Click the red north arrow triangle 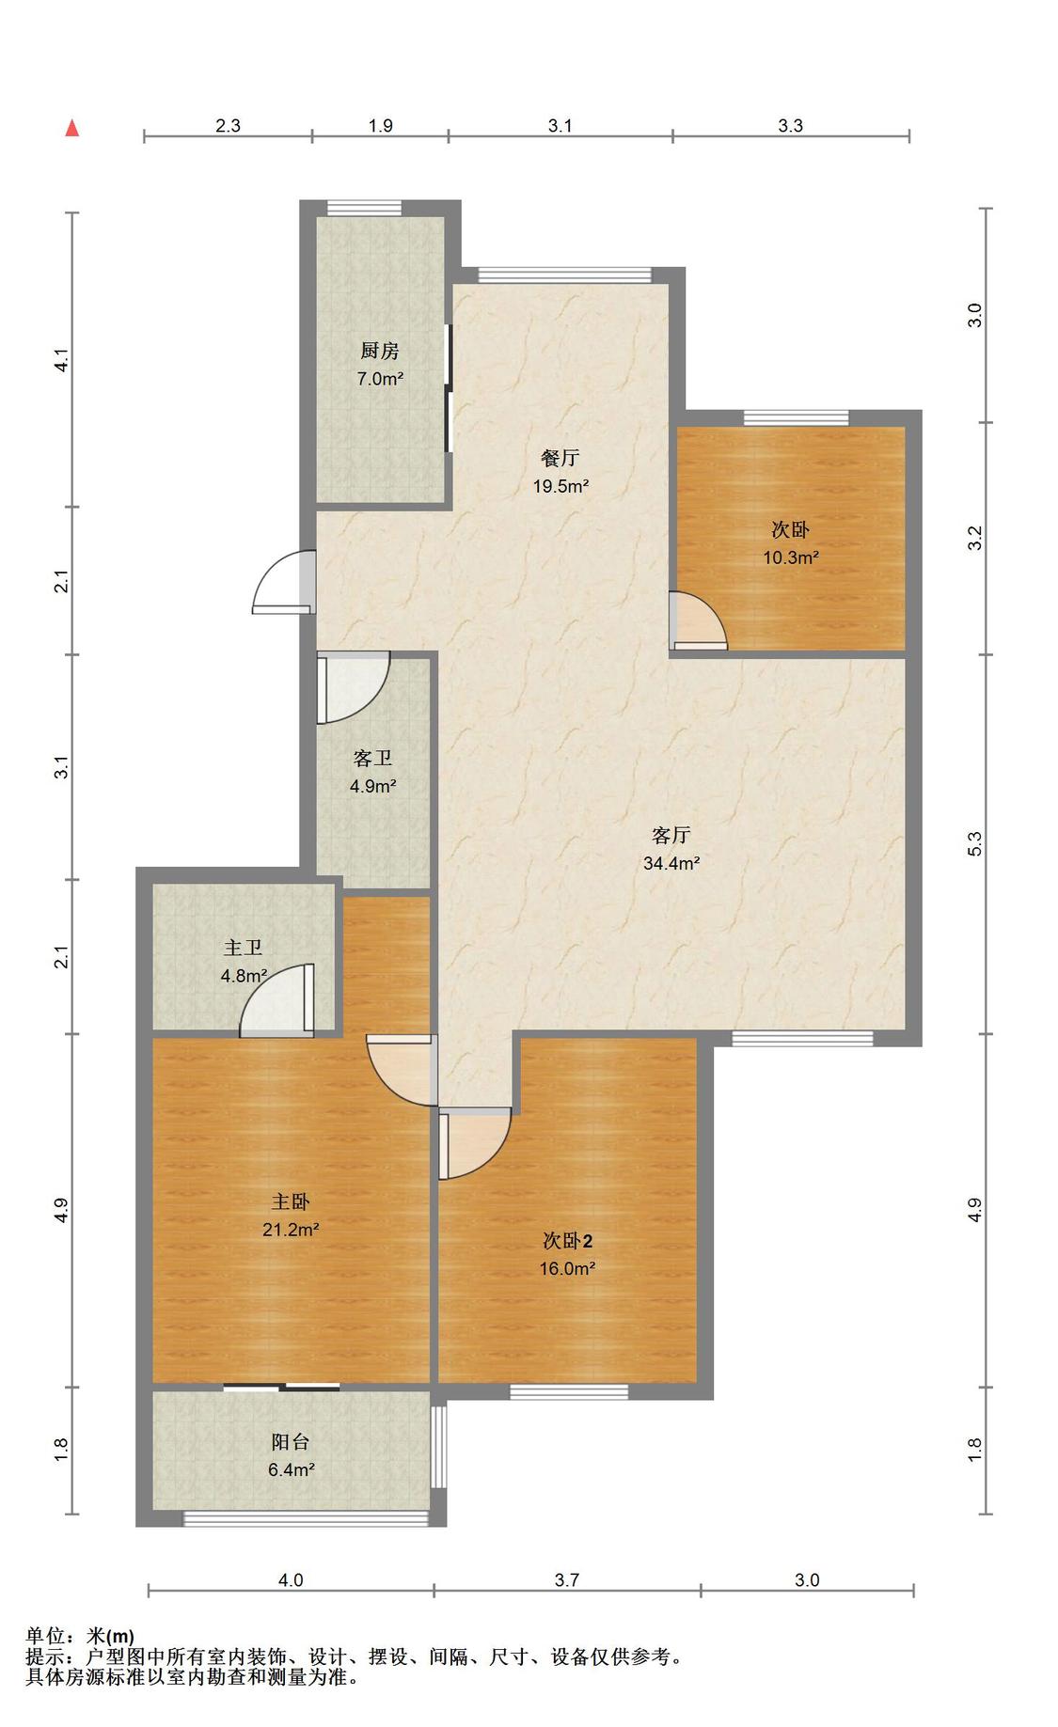[72, 128]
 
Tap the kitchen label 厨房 [380, 351]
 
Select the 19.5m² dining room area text [561, 486]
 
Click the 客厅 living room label [671, 835]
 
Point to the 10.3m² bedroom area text [791, 557]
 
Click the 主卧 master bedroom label [291, 1201]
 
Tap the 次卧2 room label [567, 1241]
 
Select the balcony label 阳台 [291, 1442]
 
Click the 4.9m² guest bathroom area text [373, 786]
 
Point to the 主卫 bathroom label [243, 948]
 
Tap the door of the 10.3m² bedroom [699, 620]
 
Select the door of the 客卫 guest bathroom [353, 688]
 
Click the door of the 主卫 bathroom [277, 1001]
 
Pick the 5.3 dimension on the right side [975, 843]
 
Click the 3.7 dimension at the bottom [567, 1580]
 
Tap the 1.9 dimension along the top [381, 125]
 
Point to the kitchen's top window [364, 208]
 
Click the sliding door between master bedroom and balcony [282, 1387]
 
